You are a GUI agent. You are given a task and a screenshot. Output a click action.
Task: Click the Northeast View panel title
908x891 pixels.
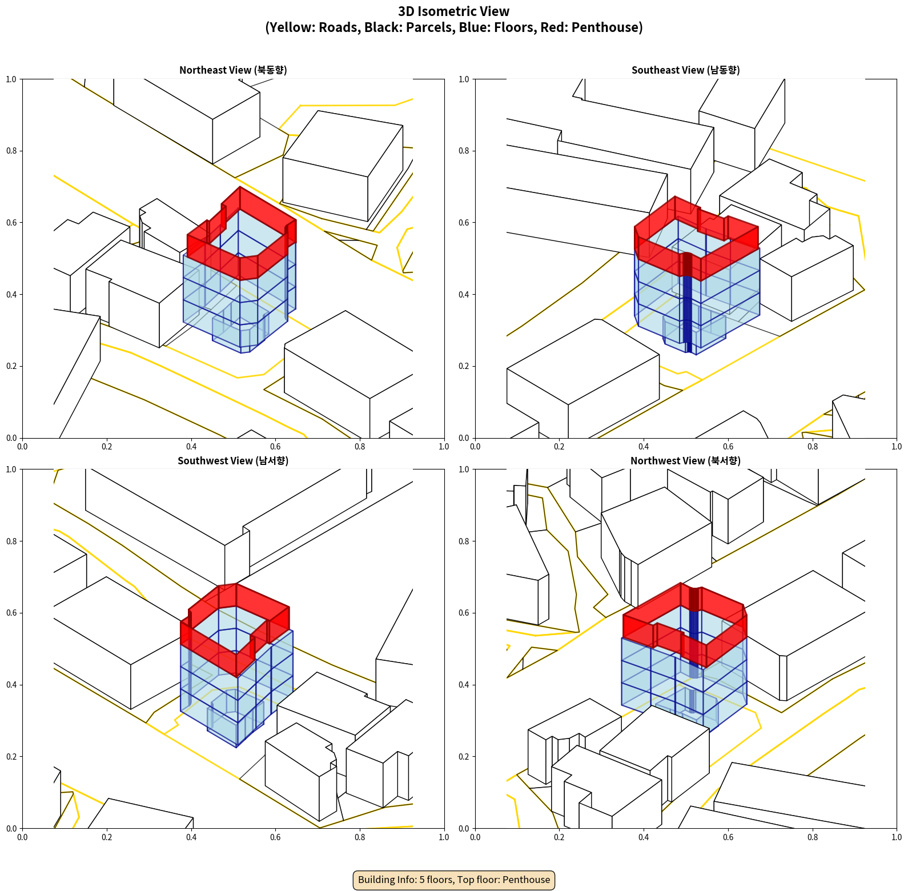(x=233, y=70)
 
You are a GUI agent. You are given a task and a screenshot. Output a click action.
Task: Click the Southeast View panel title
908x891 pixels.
(x=685, y=70)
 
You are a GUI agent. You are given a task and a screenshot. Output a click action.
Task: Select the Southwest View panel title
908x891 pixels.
(x=233, y=461)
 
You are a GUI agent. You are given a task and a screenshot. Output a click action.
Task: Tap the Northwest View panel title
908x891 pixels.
(x=685, y=461)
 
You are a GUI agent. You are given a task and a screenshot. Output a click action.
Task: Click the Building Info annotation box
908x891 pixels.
(x=454, y=880)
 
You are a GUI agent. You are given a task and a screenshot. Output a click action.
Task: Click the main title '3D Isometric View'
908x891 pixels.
(x=454, y=11)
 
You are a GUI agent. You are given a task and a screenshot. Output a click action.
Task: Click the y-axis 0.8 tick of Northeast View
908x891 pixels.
(x=11, y=151)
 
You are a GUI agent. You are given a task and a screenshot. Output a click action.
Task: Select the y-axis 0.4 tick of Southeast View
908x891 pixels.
(x=464, y=295)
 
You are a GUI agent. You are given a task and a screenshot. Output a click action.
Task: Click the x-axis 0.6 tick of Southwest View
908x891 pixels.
(x=275, y=837)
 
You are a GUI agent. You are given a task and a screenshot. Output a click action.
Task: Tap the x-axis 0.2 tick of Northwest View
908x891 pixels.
(x=559, y=837)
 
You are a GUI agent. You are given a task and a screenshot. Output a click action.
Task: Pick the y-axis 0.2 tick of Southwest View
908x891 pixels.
(x=11, y=757)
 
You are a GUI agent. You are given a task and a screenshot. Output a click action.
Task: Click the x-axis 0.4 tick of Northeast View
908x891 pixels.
(x=191, y=447)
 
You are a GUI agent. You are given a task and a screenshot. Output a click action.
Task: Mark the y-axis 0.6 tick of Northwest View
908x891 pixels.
(x=464, y=613)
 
